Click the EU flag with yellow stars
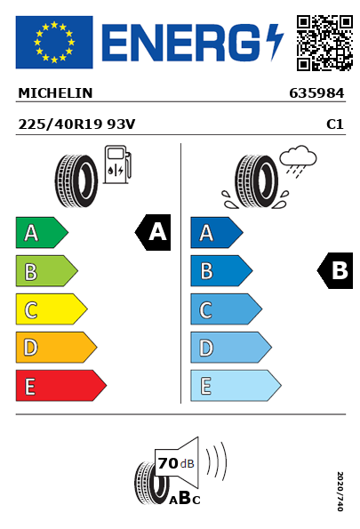(x=54, y=42)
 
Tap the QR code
(x=324, y=43)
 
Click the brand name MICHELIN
(x=55, y=93)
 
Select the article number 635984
(x=316, y=93)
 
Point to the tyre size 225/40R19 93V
(x=76, y=124)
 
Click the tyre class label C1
(x=335, y=124)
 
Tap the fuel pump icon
(x=117, y=164)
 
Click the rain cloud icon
(x=298, y=161)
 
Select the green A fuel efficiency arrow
(x=42, y=232)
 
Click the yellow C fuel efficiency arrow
(x=52, y=309)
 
